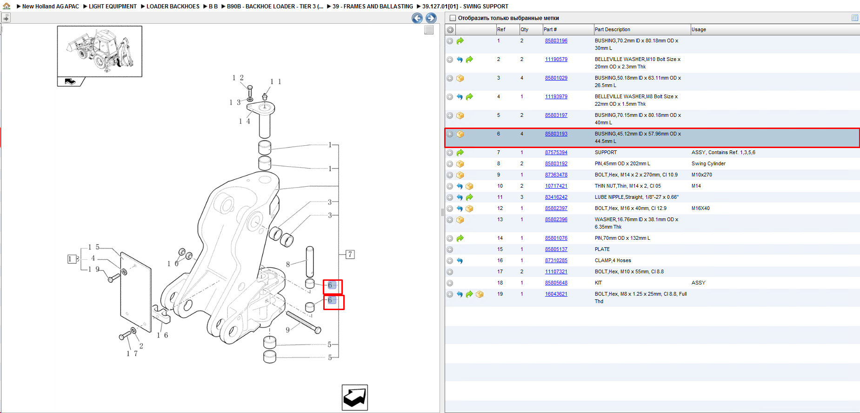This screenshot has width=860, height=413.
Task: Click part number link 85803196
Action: pos(556,41)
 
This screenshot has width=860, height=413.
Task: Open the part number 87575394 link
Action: pos(556,152)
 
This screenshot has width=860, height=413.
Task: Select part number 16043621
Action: pos(556,294)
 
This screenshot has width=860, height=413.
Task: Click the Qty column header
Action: pos(525,29)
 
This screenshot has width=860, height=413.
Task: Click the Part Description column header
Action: pos(613,29)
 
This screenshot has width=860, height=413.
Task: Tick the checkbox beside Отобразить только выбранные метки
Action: pos(453,18)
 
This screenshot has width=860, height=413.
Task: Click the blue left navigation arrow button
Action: pos(417,18)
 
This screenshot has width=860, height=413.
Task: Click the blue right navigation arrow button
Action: pos(431,18)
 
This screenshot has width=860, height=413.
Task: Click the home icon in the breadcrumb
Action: pos(7,6)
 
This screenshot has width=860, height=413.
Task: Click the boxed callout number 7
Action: pos(350,254)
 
